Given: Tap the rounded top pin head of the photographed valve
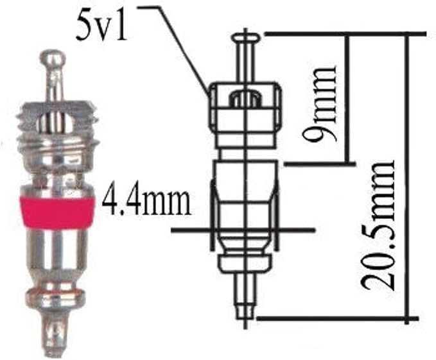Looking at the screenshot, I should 53,62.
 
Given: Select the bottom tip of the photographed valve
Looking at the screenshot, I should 56,337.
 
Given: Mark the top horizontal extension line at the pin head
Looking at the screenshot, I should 340,33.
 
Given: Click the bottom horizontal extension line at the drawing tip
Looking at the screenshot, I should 334,318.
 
